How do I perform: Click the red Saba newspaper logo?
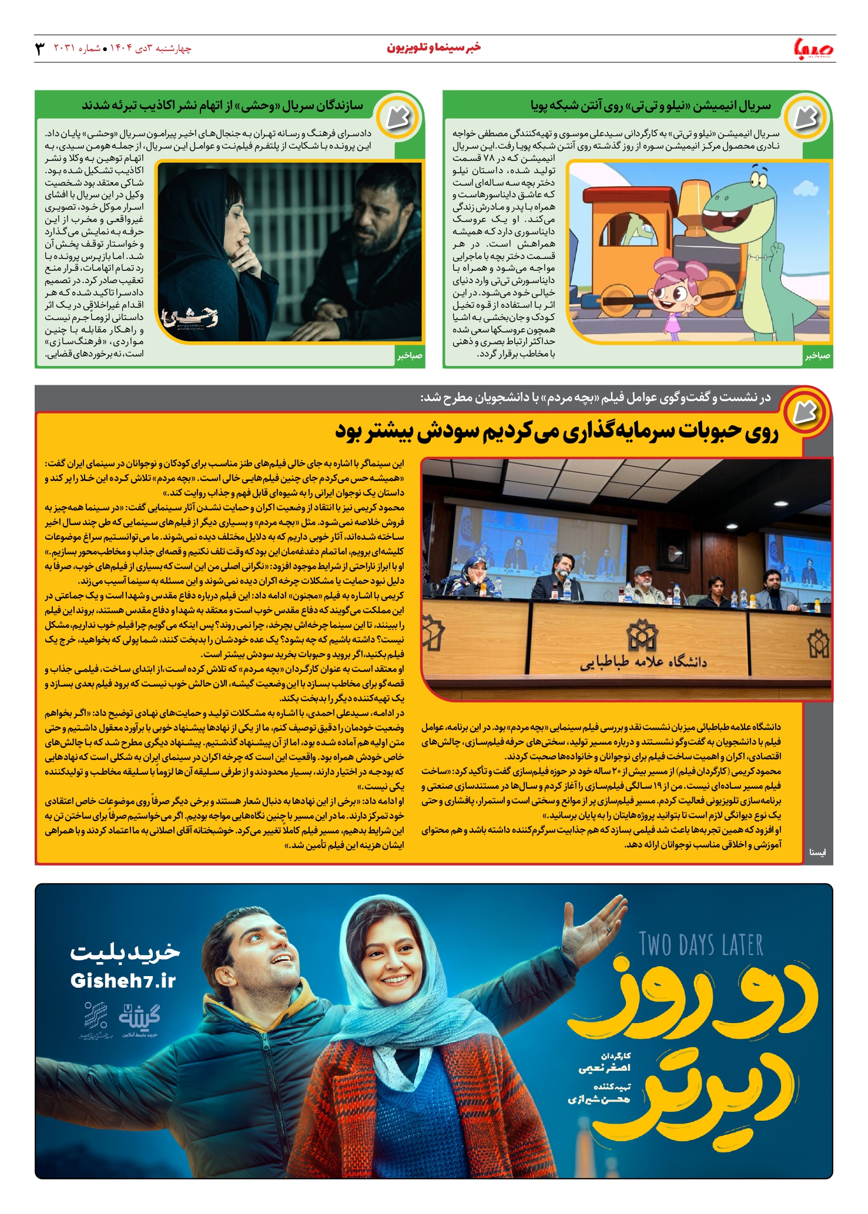[x=813, y=48]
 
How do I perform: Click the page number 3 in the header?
[x=40, y=48]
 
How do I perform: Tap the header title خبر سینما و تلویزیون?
[x=434, y=48]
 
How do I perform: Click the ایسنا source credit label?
[x=817, y=852]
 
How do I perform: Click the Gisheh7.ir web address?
[x=123, y=981]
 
